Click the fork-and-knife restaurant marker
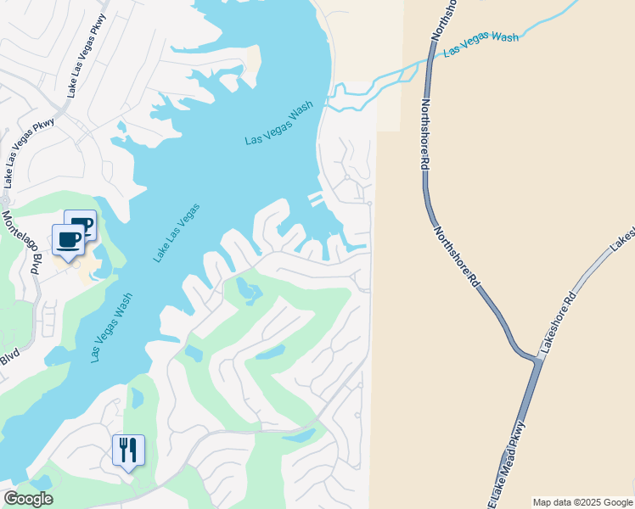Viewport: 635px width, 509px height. click(x=128, y=450)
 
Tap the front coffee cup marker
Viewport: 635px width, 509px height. click(x=69, y=239)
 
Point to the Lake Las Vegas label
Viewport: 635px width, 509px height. click(x=177, y=232)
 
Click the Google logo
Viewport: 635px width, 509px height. click(x=28, y=499)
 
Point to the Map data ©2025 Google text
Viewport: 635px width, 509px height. click(x=583, y=502)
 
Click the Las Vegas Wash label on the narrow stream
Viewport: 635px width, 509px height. click(x=480, y=43)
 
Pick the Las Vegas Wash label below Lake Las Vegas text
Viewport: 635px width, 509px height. click(x=112, y=327)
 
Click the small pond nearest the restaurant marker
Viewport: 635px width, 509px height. click(x=138, y=397)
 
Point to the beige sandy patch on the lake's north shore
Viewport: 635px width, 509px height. click(x=250, y=62)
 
